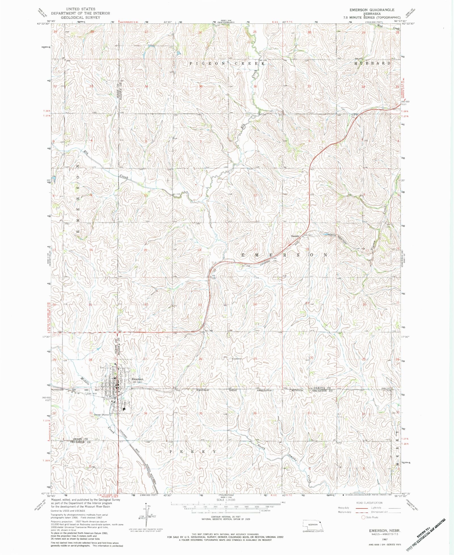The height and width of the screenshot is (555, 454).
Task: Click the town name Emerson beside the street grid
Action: click(137, 379)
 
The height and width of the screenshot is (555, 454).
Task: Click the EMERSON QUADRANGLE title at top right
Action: click(372, 10)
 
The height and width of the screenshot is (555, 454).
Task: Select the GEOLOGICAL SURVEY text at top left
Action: click(80, 17)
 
